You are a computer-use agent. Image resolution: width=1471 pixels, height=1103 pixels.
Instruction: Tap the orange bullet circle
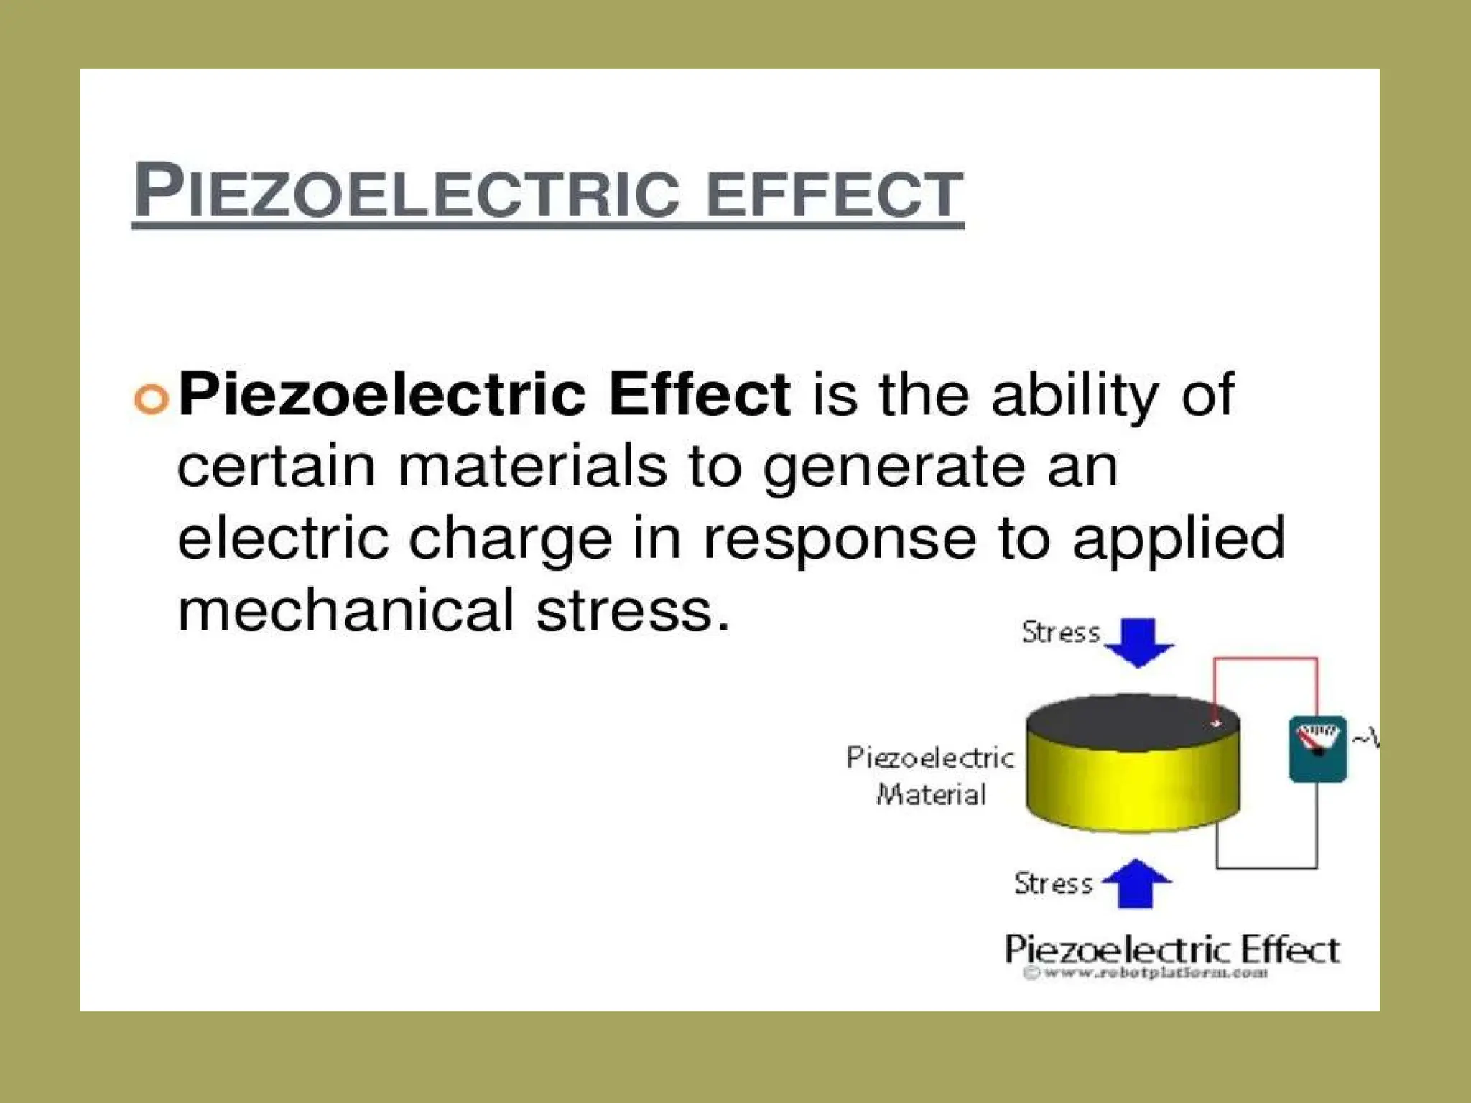coord(152,399)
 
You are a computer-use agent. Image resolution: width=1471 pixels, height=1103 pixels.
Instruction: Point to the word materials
coord(532,467)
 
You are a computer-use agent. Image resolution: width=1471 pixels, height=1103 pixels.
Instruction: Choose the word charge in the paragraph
coord(510,540)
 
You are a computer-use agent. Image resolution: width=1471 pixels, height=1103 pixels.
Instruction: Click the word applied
coord(1179,540)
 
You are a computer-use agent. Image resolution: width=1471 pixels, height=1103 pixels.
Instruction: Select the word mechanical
coord(345,610)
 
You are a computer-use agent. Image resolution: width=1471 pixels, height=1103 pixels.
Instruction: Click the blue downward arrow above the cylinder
coord(1138,641)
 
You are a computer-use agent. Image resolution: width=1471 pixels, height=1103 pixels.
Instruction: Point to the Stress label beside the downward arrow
coord(1061,633)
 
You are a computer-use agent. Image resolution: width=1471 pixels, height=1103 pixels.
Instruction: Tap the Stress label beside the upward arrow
coord(1054,883)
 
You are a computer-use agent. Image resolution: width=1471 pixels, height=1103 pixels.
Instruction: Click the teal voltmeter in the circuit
coord(1317,748)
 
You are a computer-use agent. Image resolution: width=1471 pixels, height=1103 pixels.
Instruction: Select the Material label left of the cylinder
coord(932,795)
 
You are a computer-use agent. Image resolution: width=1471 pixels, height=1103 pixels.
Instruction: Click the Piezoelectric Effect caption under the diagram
coord(1172,949)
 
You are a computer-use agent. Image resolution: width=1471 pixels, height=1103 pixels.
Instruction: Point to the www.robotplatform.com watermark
coord(1147,974)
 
